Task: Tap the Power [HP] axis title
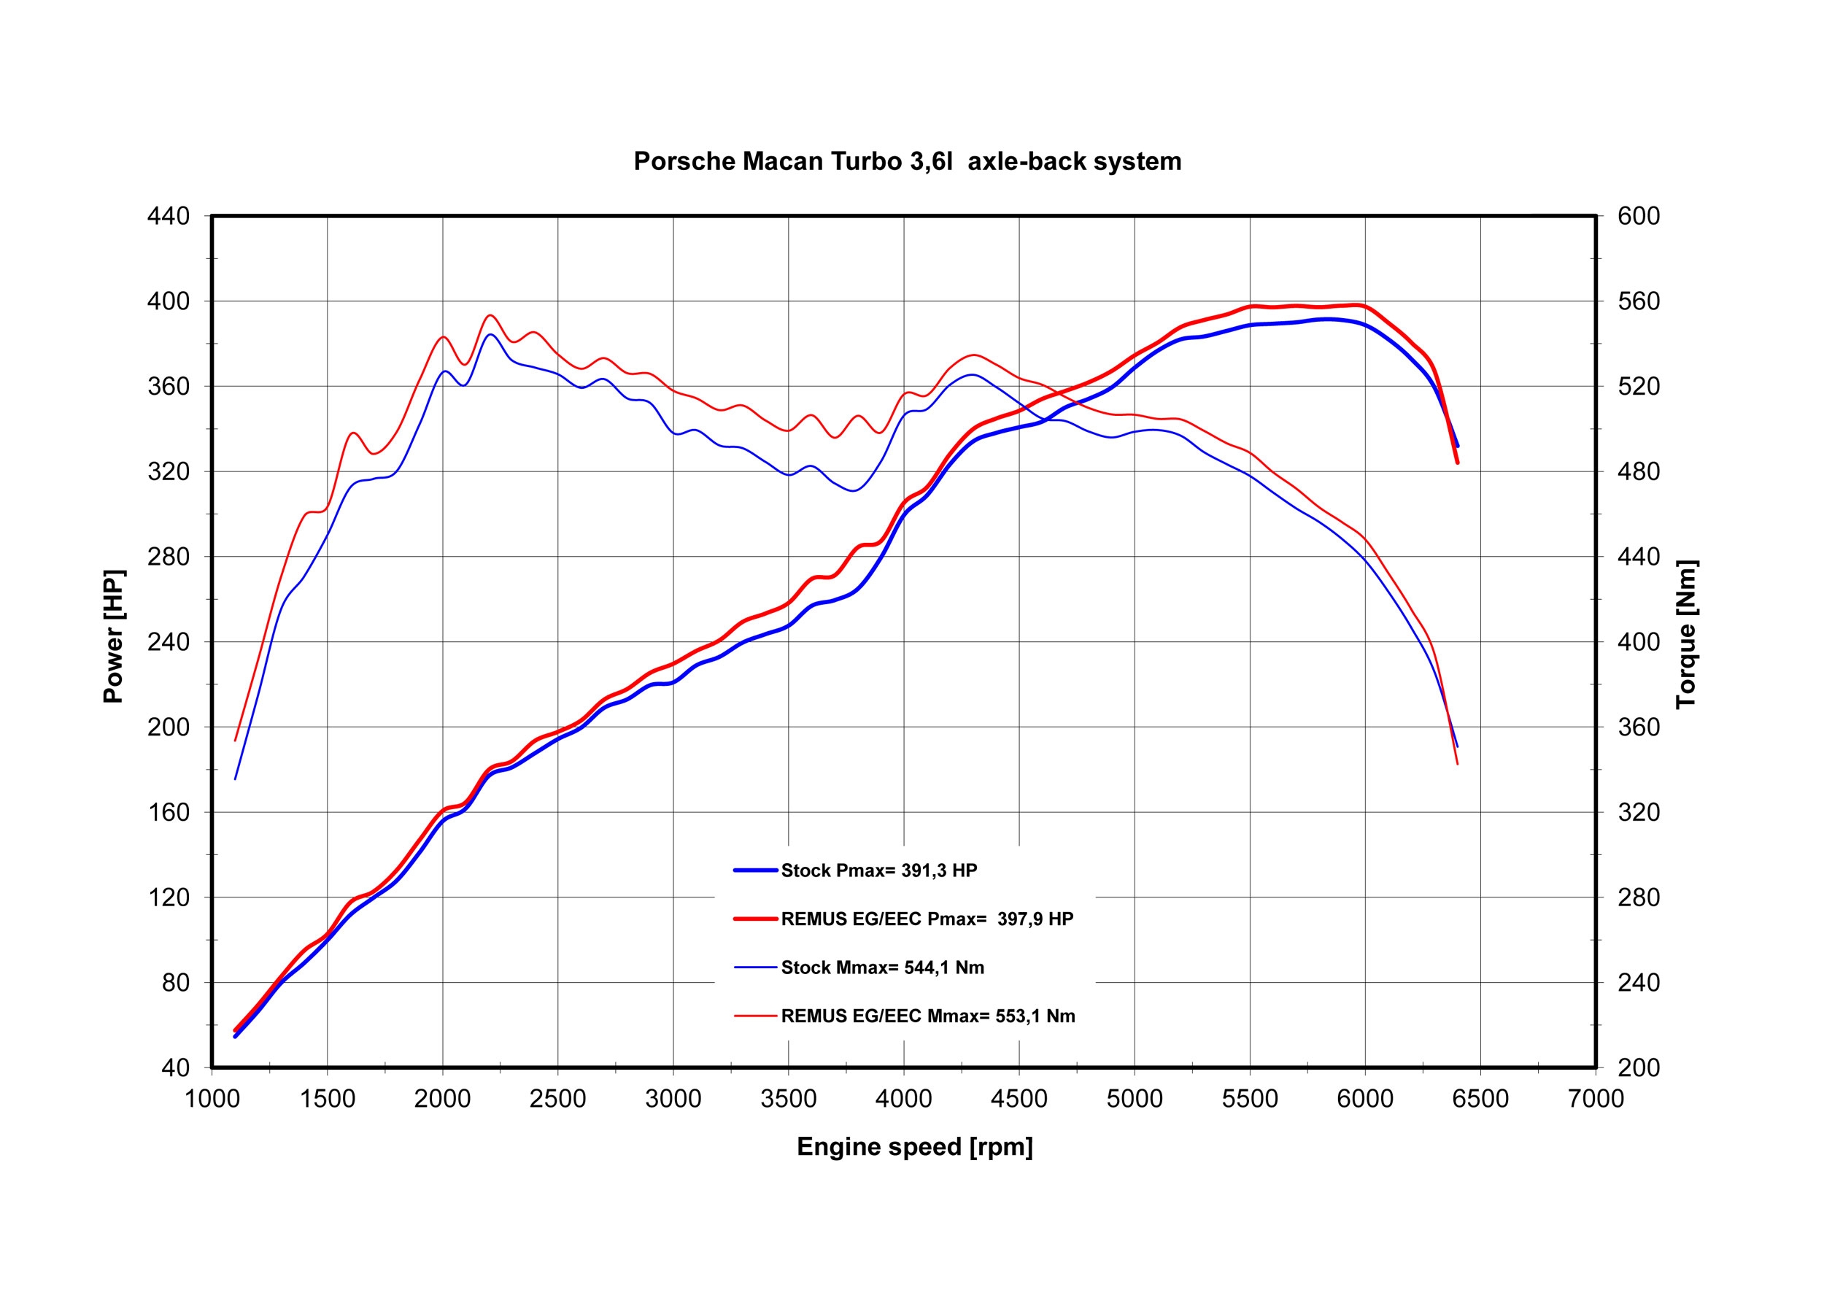(114, 636)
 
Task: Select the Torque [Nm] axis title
(1686, 634)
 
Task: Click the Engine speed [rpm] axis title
(914, 1147)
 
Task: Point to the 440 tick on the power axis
(169, 216)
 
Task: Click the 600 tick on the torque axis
(1639, 216)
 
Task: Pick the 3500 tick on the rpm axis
(788, 1100)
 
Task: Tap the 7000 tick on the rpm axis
(1595, 1100)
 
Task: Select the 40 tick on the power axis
(176, 1068)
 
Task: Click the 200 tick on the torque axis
(1639, 1068)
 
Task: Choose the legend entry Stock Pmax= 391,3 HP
(878, 870)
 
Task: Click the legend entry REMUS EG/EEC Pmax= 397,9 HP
(927, 919)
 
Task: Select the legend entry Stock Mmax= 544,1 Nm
(883, 967)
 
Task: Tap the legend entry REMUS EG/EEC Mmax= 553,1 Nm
(928, 1016)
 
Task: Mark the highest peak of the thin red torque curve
(490, 315)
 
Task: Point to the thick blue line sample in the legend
(754, 870)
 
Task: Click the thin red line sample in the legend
(754, 1016)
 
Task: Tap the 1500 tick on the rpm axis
(328, 1100)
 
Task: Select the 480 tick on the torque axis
(1639, 472)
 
